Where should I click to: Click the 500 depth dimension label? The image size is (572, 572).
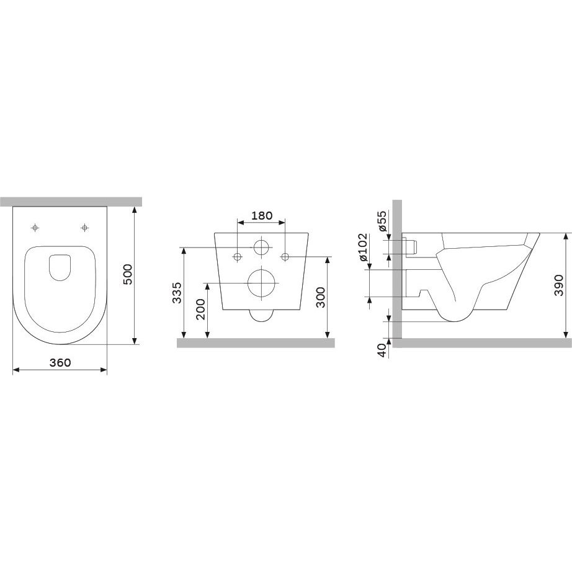coord(127,275)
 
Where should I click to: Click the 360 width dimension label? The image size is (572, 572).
coord(60,362)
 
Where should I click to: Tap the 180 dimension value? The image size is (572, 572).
coord(262,216)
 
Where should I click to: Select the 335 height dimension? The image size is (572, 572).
coord(177,293)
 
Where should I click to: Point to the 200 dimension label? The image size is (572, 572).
coord(200,310)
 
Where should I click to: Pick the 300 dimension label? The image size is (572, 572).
coord(320,297)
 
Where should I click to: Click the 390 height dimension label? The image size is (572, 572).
coord(558,285)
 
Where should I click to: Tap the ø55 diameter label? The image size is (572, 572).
coord(382,221)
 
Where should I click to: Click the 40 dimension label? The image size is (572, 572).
coord(382,350)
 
